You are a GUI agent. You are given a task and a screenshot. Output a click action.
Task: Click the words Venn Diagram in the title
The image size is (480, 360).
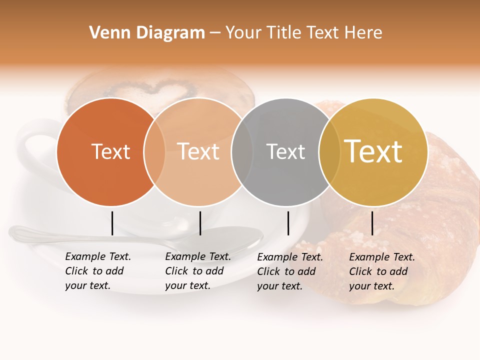point(147,33)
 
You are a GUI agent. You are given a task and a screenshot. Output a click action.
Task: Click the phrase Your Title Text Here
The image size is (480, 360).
point(303,33)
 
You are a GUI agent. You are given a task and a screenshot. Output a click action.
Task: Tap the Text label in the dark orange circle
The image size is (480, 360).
point(110,152)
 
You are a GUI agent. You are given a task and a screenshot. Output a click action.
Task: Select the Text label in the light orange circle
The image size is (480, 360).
point(198,152)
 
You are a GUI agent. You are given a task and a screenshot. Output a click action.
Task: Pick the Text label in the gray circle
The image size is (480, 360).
point(285,152)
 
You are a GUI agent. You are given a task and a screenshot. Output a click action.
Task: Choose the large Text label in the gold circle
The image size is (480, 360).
point(373,151)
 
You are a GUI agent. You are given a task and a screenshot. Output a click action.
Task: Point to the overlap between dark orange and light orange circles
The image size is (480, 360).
point(154,152)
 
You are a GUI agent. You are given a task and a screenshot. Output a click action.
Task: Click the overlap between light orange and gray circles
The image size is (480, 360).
point(242,152)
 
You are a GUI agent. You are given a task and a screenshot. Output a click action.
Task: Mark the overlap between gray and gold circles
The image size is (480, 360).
point(329,152)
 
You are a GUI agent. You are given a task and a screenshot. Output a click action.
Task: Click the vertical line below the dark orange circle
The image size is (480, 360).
point(112,223)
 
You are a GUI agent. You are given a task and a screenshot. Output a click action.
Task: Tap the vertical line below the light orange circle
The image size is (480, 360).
point(200,223)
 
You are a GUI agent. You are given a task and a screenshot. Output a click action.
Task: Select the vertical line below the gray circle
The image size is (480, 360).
point(288,223)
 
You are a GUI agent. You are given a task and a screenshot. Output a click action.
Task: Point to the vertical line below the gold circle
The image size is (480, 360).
point(372,223)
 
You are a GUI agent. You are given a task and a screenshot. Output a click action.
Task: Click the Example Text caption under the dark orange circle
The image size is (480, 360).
point(97,271)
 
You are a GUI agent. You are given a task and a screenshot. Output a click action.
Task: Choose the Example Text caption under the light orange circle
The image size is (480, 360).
point(197,271)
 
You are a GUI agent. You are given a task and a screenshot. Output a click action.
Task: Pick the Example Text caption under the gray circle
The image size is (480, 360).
point(289,271)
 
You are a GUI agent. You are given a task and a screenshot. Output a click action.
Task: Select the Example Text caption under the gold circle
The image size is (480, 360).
point(381,271)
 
